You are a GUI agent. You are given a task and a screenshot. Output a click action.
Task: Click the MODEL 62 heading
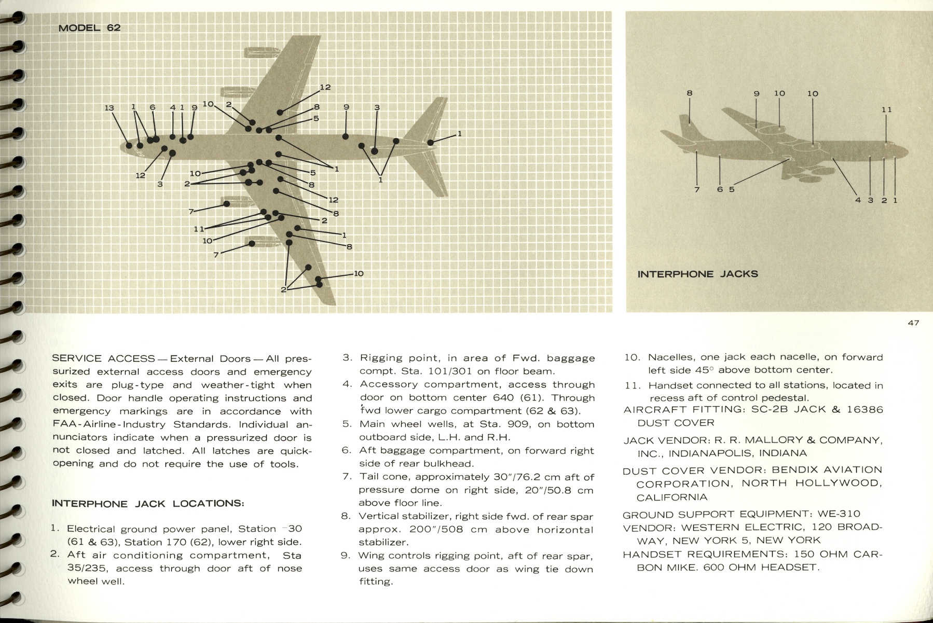89,28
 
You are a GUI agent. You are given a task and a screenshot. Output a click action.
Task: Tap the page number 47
913,323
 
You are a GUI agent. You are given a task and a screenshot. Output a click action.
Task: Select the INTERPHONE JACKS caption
697,274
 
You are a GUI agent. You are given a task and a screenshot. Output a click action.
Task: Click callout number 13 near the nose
109,108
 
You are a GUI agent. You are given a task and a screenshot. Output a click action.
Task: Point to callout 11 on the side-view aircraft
886,110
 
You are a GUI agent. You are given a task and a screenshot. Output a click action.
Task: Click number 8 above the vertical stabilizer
689,93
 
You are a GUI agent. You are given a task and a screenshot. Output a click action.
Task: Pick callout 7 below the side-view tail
697,190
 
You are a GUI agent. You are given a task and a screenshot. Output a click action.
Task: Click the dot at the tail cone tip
430,143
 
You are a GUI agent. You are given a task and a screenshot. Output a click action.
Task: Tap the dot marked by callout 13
129,145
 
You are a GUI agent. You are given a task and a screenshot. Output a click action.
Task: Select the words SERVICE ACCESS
103,359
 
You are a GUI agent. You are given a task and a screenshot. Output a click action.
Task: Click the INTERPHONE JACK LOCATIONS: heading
148,504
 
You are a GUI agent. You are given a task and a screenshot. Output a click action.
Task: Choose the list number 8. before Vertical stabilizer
346,517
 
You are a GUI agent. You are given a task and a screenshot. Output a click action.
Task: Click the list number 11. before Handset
633,385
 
